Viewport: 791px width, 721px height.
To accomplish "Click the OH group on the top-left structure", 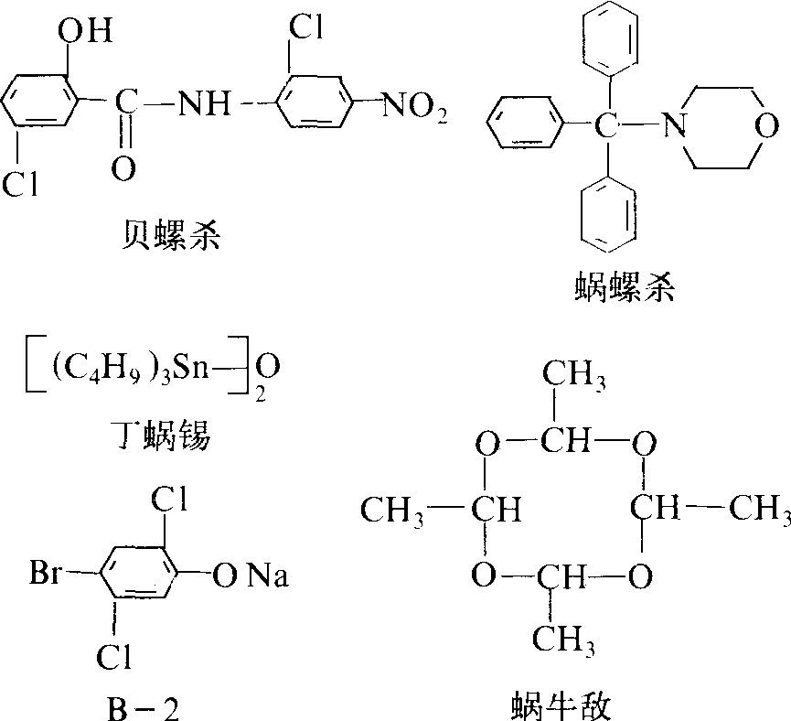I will coord(86,35).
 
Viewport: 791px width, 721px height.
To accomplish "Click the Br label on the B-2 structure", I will coord(46,576).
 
